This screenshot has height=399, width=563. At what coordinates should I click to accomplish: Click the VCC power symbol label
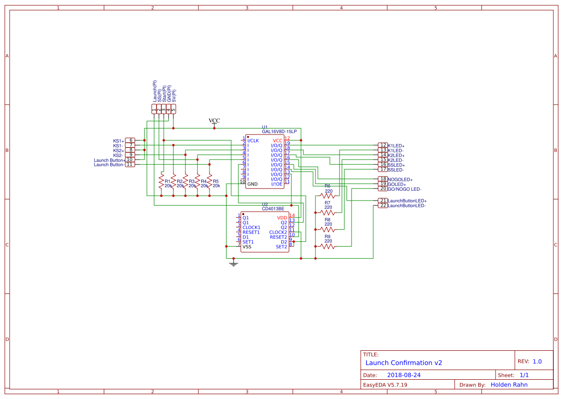point(214,120)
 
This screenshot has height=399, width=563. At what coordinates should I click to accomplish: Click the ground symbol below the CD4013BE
point(234,264)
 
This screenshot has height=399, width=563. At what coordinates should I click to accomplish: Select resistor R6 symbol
point(327,196)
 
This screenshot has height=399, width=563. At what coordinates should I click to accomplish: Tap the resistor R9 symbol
point(327,246)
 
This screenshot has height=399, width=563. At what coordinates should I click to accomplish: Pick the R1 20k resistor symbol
point(161,182)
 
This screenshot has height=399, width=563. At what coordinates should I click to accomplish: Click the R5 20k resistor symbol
point(209,182)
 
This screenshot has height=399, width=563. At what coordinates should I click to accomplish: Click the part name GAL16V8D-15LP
point(279,132)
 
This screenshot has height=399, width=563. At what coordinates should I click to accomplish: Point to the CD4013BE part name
point(273,209)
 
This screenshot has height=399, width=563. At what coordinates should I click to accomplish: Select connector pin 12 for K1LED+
point(383,146)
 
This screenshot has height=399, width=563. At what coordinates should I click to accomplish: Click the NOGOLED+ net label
point(400,180)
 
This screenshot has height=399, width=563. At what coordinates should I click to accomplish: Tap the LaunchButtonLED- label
point(406,206)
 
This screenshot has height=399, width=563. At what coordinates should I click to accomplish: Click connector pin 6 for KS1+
point(130,140)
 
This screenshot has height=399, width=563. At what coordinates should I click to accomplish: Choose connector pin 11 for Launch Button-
point(130,164)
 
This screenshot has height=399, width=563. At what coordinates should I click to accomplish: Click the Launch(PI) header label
point(154,91)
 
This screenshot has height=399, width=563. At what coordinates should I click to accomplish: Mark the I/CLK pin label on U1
point(253,141)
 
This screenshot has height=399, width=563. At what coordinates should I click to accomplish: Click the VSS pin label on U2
point(247,247)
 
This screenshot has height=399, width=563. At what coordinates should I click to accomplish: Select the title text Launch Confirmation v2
point(404,363)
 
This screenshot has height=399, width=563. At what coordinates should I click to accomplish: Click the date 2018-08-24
point(404,375)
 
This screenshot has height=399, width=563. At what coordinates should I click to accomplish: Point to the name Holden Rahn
point(509,385)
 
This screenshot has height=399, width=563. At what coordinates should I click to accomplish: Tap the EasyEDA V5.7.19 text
point(385,385)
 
